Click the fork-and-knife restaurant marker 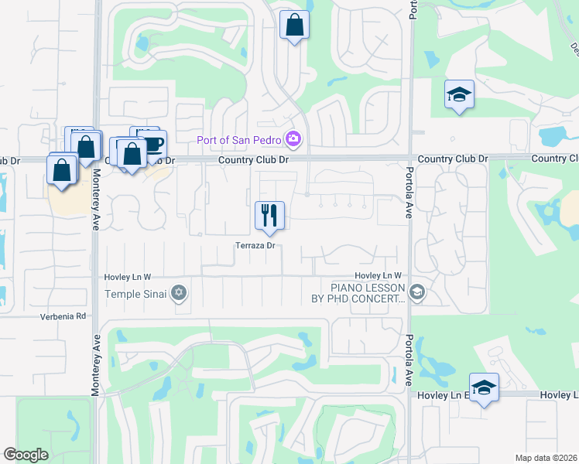click(x=270, y=216)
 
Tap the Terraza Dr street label click(x=255, y=246)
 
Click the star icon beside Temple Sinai click(x=180, y=292)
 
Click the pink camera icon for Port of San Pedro click(x=293, y=139)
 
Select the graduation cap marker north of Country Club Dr click(x=459, y=95)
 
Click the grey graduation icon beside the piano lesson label click(x=417, y=292)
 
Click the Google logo click(x=26, y=455)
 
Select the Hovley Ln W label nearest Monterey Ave click(x=128, y=277)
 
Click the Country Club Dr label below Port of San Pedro click(x=253, y=159)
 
